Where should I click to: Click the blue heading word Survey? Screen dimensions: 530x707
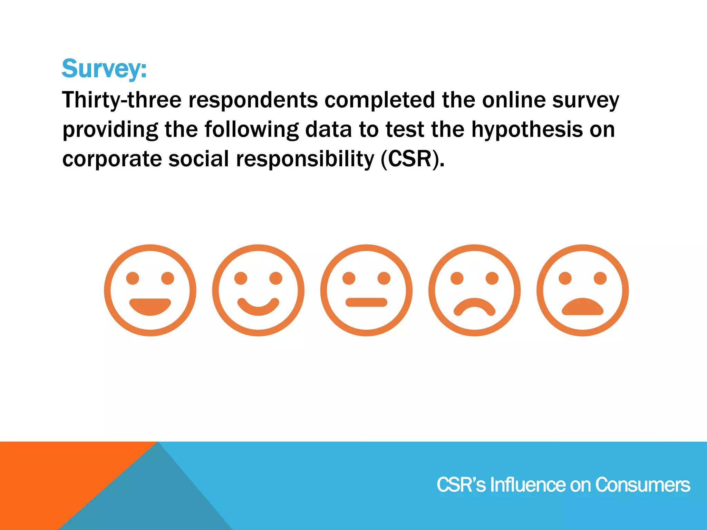tap(104, 69)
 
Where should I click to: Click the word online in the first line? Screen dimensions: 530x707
tap(514, 100)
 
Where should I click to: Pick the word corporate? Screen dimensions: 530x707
tap(112, 159)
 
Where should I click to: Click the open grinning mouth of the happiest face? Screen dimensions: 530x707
tap(150, 306)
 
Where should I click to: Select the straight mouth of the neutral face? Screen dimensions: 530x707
tap(366, 302)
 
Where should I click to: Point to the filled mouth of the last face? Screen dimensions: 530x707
tap(583, 307)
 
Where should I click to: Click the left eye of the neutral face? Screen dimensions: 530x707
tap(349, 278)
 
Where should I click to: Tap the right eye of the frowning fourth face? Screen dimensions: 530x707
tap(492, 278)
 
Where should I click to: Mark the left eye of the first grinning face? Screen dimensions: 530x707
tap(133, 278)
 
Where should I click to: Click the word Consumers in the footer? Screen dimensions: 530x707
tap(642, 485)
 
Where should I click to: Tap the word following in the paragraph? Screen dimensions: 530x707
tap(251, 130)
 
